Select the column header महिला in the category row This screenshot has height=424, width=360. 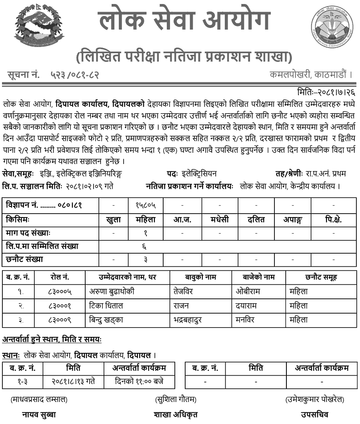pos(146,219)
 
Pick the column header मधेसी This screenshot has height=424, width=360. pos(220,219)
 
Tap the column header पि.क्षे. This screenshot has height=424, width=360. pos(334,219)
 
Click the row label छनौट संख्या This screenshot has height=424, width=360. pos(24,259)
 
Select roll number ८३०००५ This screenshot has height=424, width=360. pos(60,292)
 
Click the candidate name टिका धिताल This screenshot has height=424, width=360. pos(106,306)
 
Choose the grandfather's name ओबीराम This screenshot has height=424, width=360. pos(248,292)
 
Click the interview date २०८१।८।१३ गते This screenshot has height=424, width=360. pos(73,382)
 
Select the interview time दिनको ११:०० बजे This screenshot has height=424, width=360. pos(139,382)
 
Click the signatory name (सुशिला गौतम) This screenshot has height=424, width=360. pos(176,400)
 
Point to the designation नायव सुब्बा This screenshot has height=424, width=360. pos(39,414)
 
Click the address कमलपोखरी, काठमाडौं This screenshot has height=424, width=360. pos(311,75)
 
